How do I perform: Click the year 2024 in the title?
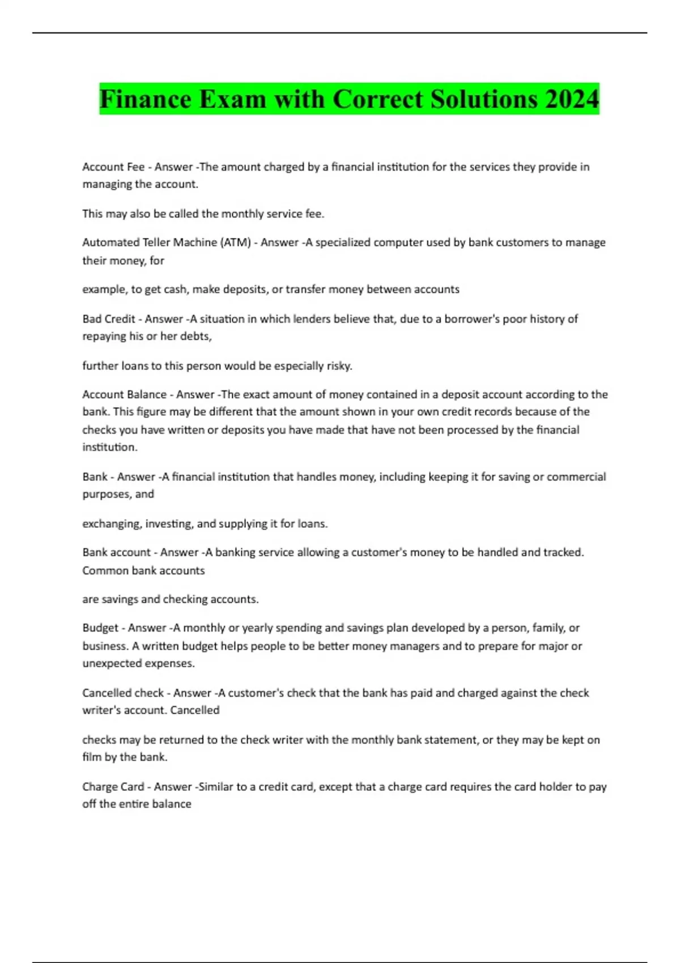(x=572, y=99)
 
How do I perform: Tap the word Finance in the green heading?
(x=146, y=99)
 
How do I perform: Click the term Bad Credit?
(x=109, y=319)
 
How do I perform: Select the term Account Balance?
(x=125, y=394)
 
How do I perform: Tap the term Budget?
(x=100, y=628)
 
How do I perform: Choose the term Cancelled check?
(x=123, y=693)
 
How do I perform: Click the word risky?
(x=339, y=366)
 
